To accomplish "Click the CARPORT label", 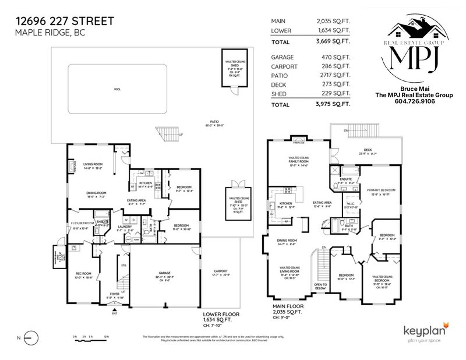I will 220,271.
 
